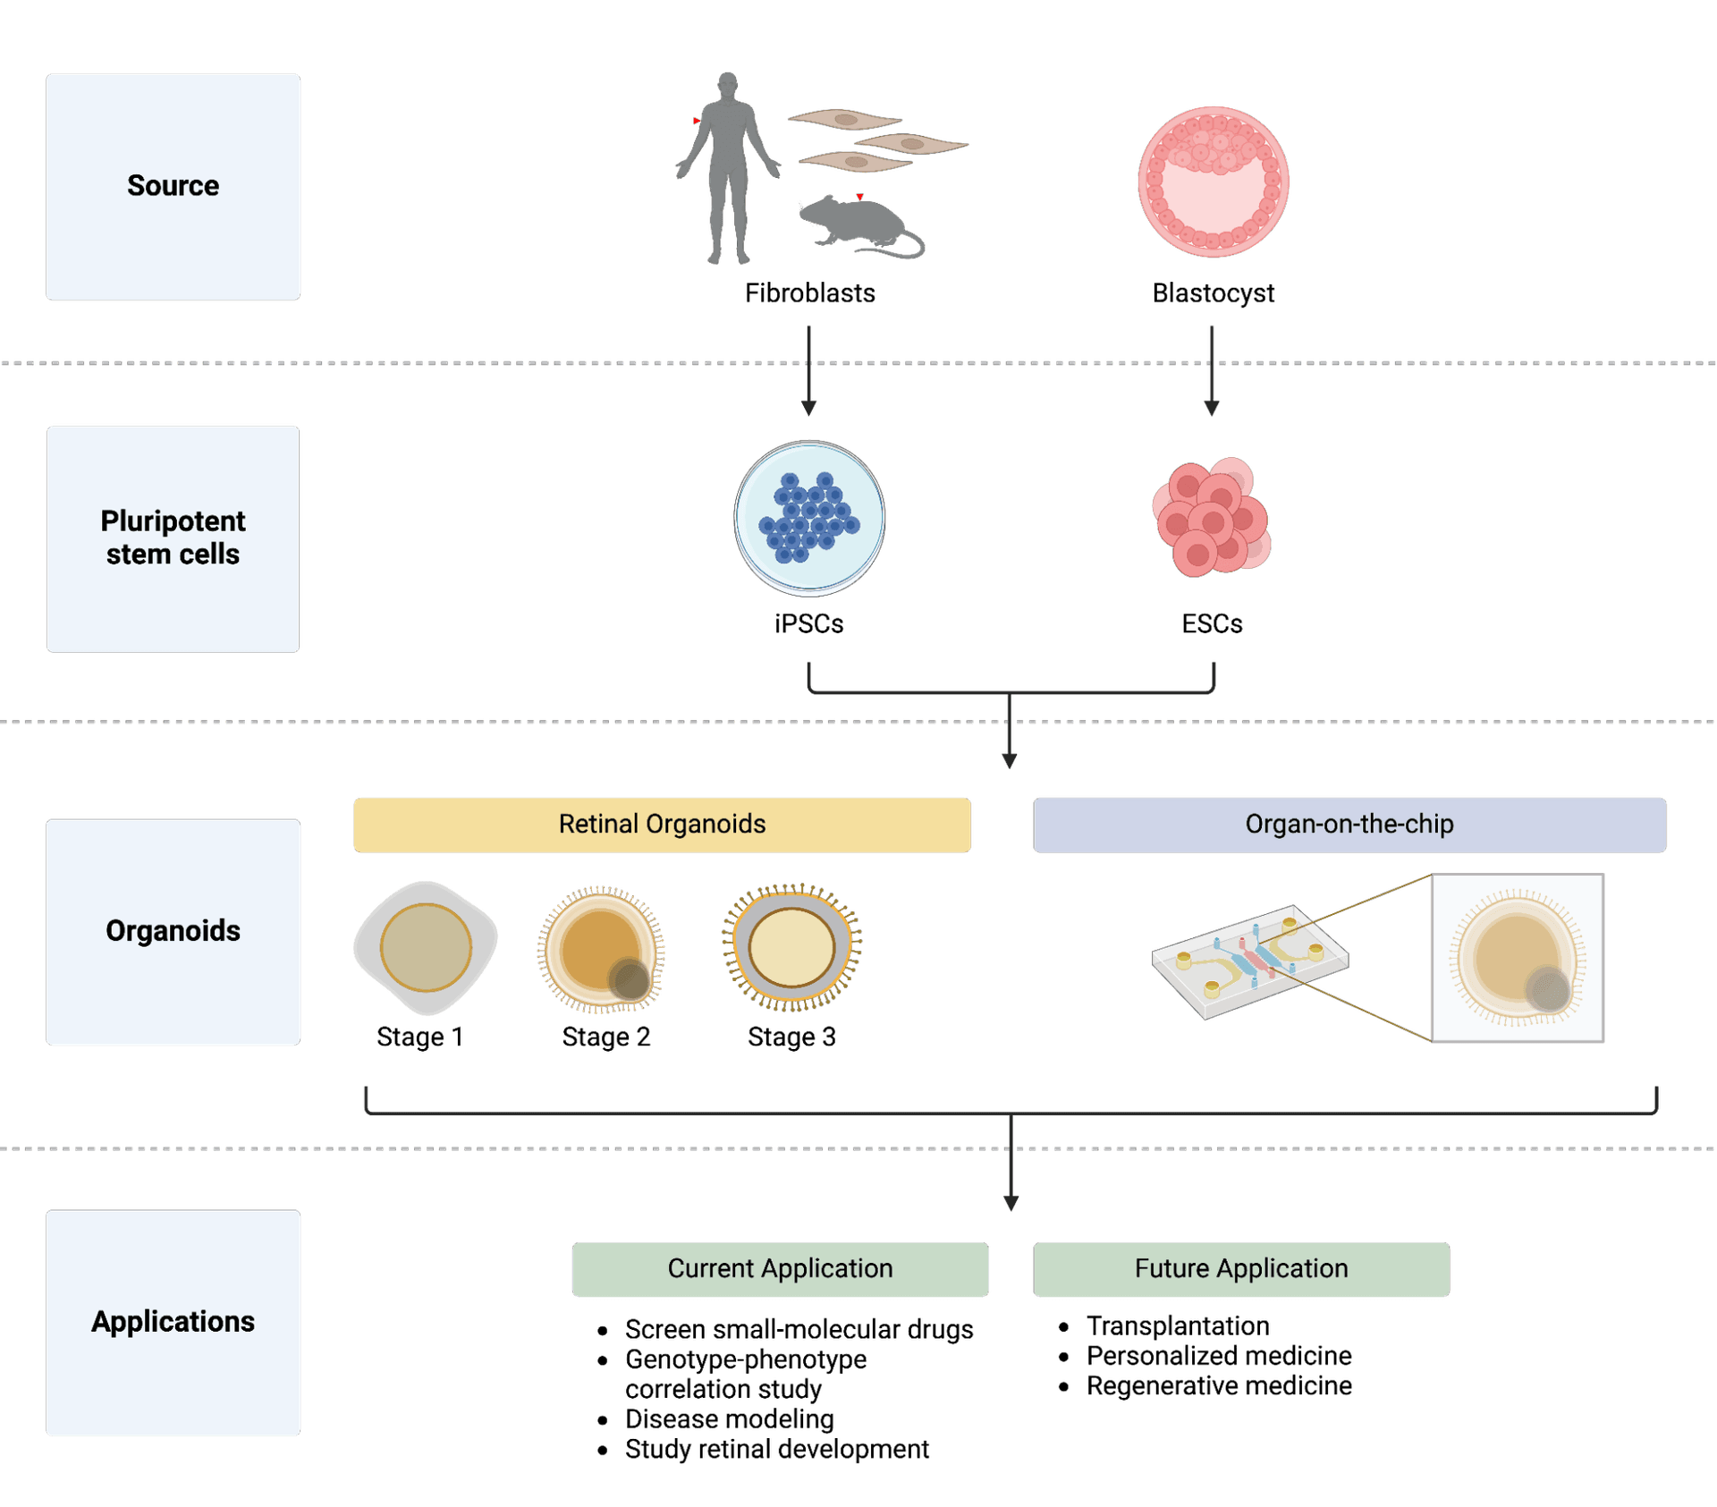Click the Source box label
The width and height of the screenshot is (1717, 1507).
[x=173, y=186]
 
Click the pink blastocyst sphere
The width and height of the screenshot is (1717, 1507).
[x=1214, y=182]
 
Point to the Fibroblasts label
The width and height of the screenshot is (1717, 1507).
[x=809, y=293]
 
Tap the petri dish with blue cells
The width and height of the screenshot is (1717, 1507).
[x=809, y=518]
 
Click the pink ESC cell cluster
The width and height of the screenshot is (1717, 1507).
[x=1212, y=518]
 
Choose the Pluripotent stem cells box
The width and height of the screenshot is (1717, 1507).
[x=173, y=538]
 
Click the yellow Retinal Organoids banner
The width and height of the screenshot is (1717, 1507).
[x=662, y=825]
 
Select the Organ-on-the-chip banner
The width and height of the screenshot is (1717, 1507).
[x=1349, y=825]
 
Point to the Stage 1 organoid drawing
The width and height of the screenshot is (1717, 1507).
[x=426, y=948]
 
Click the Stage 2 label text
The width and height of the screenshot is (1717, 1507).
[x=605, y=1037]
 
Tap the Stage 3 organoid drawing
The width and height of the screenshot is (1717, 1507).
[x=791, y=948]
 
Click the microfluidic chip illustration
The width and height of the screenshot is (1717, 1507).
[x=1250, y=961]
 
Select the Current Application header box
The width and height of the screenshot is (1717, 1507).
[x=780, y=1269]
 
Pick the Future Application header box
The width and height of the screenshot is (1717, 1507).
[x=1241, y=1269]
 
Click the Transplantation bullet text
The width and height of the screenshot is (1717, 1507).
[x=1178, y=1326]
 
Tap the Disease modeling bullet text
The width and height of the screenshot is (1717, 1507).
[x=729, y=1419]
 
